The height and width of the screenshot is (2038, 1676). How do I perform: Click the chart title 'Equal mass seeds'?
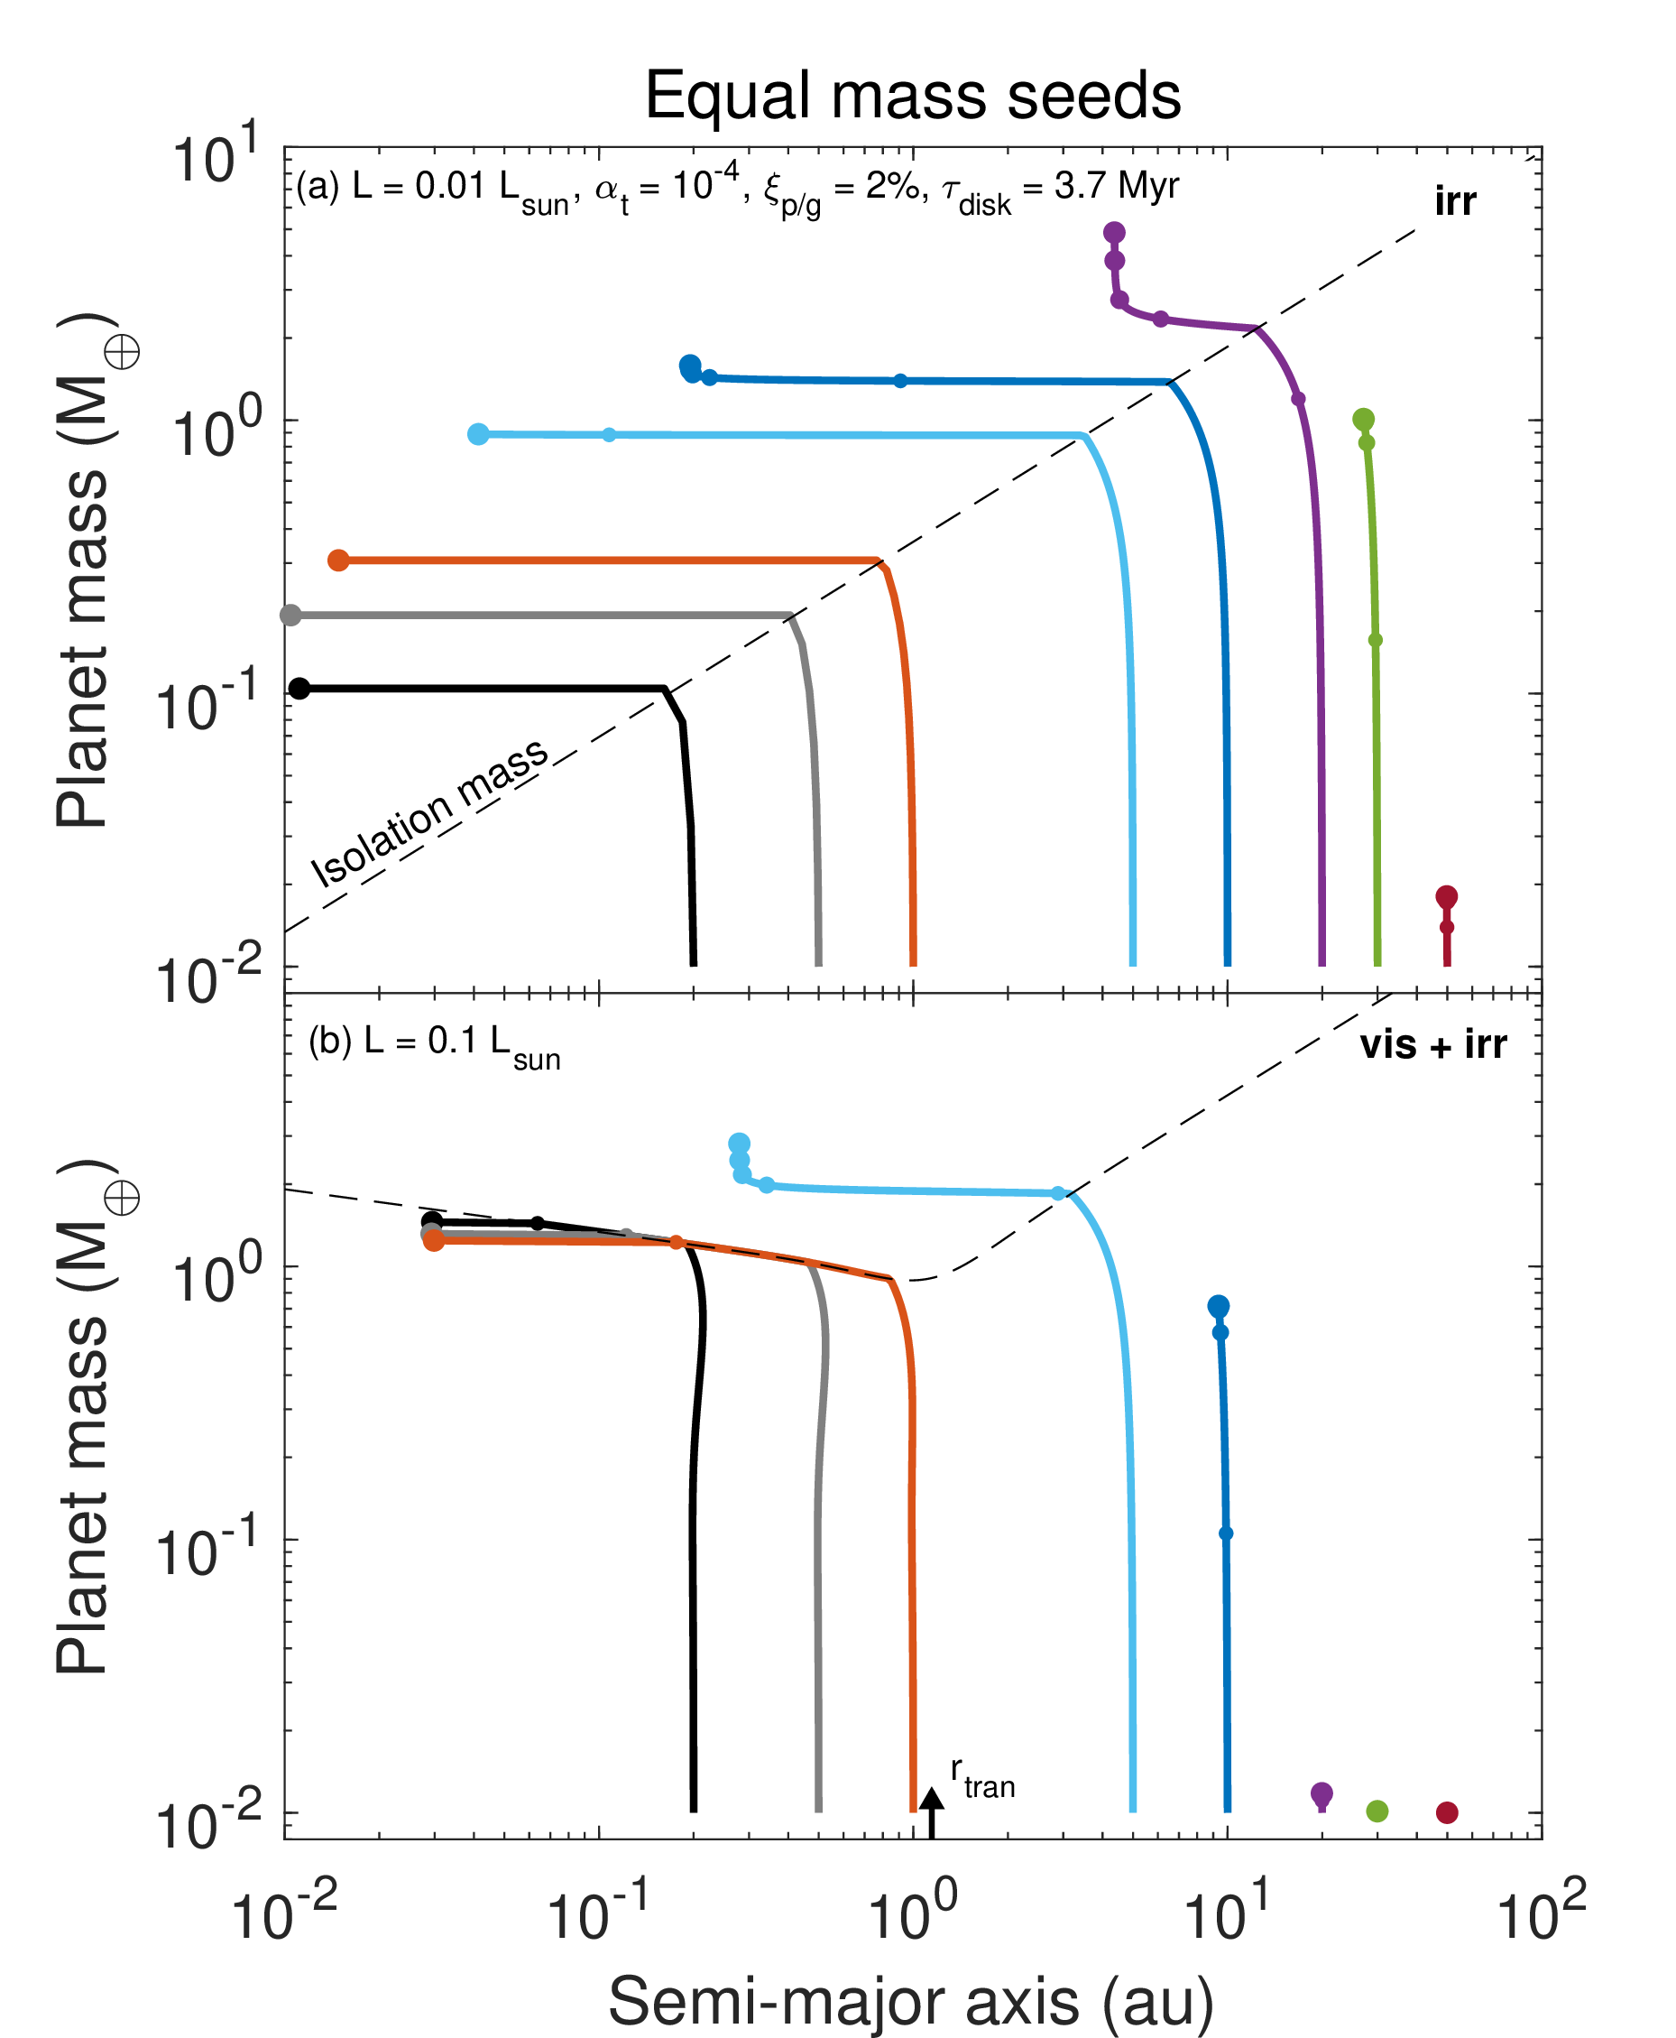[x=912, y=96]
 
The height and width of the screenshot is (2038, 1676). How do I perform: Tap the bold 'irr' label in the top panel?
[x=1454, y=202]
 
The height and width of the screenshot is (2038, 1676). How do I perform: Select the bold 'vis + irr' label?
[x=1432, y=1044]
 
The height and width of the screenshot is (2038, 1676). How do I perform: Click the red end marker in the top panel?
[x=1445, y=896]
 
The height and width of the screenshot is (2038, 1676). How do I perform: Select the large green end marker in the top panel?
[x=1363, y=419]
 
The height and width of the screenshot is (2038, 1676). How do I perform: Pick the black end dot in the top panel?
[x=299, y=689]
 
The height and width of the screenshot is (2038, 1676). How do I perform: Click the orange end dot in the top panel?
[x=338, y=560]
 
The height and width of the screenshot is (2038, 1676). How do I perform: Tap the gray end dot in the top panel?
[x=290, y=616]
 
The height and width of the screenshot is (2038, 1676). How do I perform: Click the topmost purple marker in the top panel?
[x=1114, y=232]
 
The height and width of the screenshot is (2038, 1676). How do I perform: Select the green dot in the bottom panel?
[x=1377, y=1811]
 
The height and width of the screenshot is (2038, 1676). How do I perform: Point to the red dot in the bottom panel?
[x=1446, y=1812]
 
